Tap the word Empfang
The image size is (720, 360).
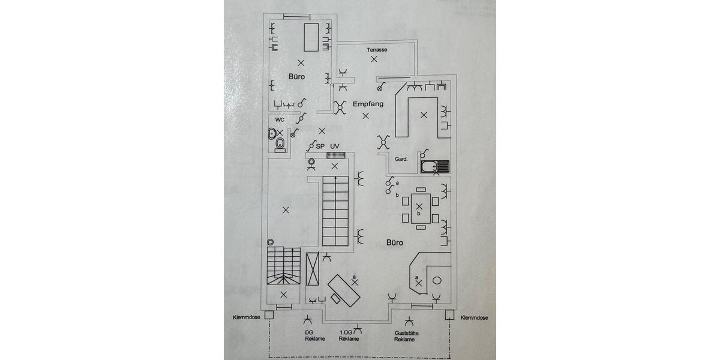(368, 104)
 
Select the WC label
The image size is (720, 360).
(280, 119)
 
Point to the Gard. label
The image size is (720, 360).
(401, 159)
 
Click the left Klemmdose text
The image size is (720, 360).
(247, 317)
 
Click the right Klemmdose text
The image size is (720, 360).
(474, 317)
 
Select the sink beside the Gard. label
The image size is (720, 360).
(434, 167)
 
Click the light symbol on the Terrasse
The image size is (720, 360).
(374, 59)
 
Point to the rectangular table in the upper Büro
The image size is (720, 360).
(311, 37)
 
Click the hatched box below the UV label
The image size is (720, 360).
(334, 155)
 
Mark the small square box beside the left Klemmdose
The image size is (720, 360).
(270, 313)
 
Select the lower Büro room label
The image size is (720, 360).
(394, 243)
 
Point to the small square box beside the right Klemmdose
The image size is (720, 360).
(449, 313)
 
